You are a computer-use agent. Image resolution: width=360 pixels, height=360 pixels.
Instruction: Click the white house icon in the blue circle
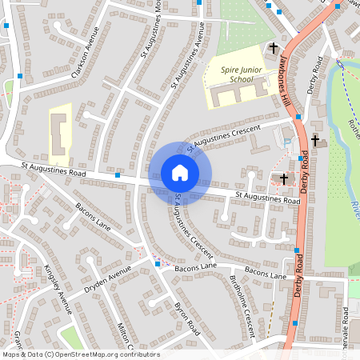[x=180, y=173]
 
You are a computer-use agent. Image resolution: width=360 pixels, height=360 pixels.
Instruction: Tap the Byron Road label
[x=187, y=318]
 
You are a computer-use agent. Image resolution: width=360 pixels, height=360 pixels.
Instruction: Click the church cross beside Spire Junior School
[x=273, y=48]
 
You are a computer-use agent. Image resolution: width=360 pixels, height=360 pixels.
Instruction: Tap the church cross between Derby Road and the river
[x=314, y=141]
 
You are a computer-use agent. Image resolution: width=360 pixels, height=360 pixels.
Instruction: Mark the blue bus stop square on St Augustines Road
[x=118, y=174]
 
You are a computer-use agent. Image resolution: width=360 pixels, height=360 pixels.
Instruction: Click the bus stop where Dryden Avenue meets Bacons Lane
[x=158, y=262]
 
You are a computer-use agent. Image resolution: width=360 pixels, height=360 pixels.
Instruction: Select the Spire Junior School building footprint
[x=236, y=95]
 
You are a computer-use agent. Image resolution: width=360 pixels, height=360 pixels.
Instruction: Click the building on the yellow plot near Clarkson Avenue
[x=59, y=134]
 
